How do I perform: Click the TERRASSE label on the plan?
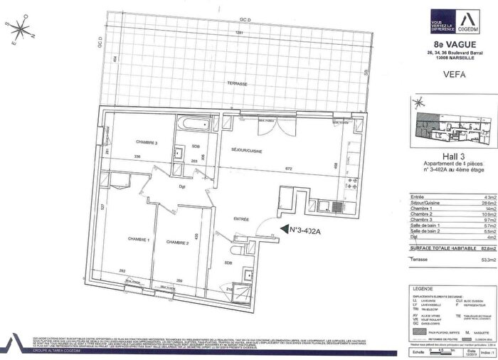[x=237, y=84]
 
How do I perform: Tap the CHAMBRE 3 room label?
[x=147, y=142]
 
